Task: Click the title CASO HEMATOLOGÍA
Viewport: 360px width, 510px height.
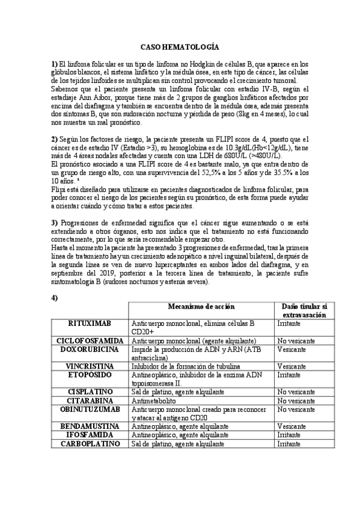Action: pyautogui.click(x=180, y=46)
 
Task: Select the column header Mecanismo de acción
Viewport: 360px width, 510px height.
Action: pyautogui.click(x=201, y=307)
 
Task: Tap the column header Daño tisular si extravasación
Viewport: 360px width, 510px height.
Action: pyautogui.click(x=304, y=310)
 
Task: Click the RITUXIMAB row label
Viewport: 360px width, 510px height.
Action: pyautogui.click(x=90, y=323)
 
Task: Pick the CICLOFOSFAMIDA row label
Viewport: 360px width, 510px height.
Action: pyautogui.click(x=90, y=340)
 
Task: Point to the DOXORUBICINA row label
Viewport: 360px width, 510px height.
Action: pyautogui.click(x=90, y=349)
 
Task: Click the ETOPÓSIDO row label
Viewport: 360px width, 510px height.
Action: pyautogui.click(x=90, y=374)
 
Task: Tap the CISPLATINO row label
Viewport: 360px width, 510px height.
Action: pyautogui.click(x=90, y=391)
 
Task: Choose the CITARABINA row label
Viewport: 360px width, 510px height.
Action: pyautogui.click(x=90, y=400)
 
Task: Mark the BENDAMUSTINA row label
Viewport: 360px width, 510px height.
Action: pyautogui.click(x=90, y=425)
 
